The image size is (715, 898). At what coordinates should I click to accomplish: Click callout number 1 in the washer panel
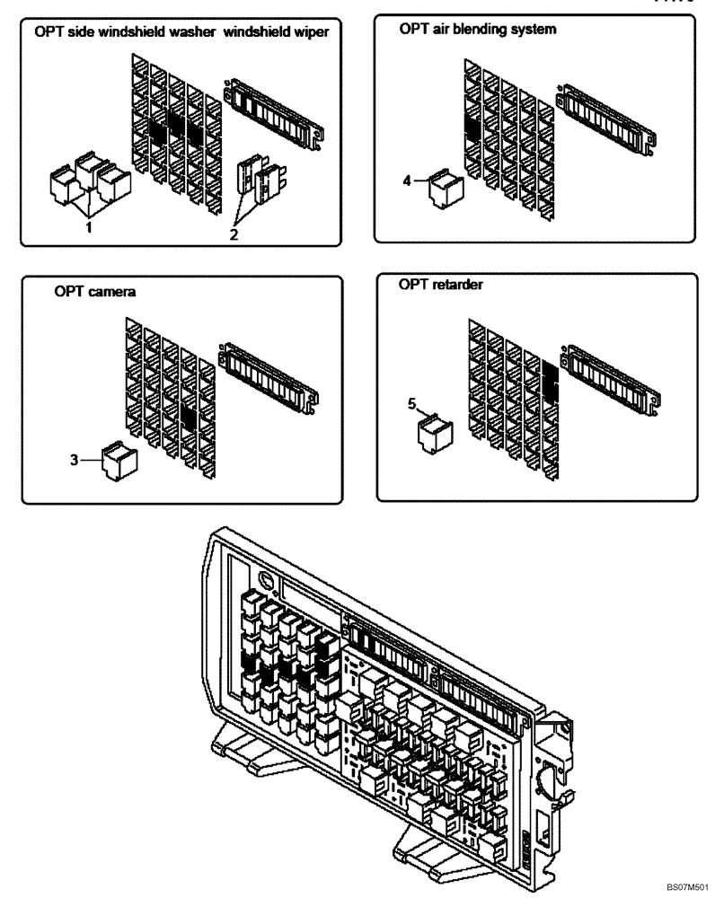coord(87,228)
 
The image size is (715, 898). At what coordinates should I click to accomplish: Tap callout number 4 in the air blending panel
coord(407,180)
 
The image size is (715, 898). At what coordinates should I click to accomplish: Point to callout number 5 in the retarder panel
coord(412,405)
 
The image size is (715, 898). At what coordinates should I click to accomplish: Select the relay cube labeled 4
coord(445,187)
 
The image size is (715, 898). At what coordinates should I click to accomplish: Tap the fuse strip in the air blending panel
coord(611,112)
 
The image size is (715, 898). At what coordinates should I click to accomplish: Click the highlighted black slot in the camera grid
coord(189,415)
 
